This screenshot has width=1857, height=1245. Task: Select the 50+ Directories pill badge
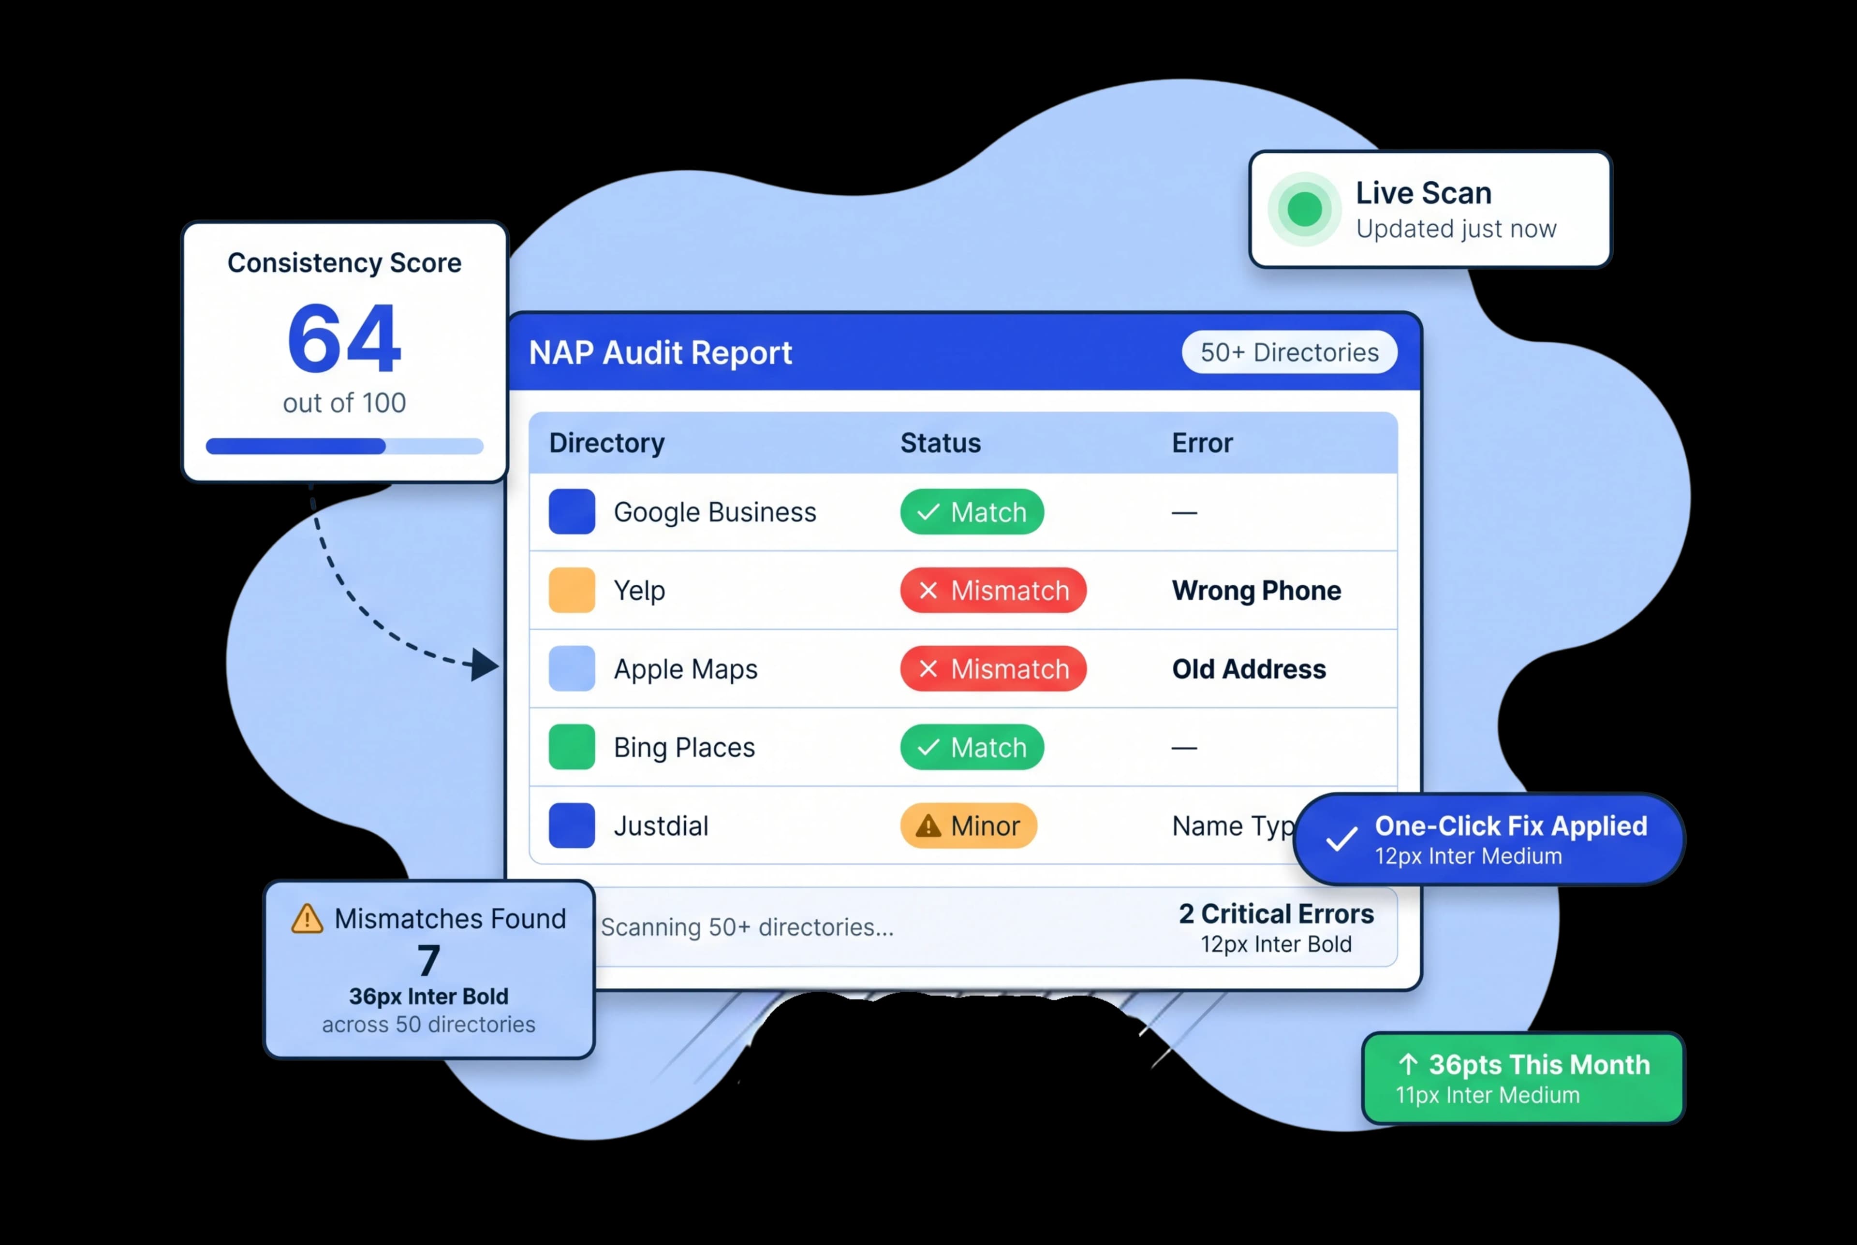(1289, 352)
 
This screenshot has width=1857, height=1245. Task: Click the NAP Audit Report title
(660, 352)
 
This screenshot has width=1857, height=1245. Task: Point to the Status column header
(941, 442)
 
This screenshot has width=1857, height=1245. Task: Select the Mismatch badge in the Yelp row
(993, 590)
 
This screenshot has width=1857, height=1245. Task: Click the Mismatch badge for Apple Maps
(993, 668)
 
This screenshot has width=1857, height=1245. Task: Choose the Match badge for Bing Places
(972, 747)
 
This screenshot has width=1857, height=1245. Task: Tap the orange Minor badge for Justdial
(968, 826)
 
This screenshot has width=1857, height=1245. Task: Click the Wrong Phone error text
(1256, 590)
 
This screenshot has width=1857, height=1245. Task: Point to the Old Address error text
(1249, 668)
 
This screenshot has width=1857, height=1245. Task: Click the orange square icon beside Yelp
(572, 590)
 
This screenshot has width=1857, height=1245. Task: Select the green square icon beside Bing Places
(572, 747)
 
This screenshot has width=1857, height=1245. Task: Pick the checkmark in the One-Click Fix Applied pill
(1341, 839)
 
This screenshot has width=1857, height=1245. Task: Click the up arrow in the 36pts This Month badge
(1408, 1064)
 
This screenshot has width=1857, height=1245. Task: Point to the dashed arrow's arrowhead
(485, 665)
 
